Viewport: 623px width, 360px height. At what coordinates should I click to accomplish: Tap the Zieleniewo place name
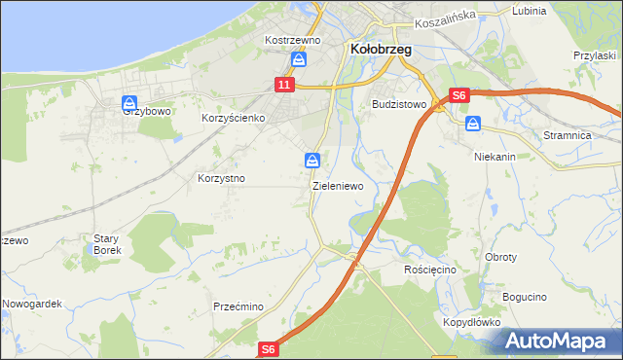coord(338,185)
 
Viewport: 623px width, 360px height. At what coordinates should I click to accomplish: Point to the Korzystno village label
coord(221,179)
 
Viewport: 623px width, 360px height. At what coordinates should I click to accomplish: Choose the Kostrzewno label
coord(293,40)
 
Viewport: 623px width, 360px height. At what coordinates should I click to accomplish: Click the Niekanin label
coord(494,156)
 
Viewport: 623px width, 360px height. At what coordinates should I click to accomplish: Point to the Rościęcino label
coord(429,268)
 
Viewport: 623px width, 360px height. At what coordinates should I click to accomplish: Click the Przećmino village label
coord(238,306)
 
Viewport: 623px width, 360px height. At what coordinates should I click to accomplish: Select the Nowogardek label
coord(31,304)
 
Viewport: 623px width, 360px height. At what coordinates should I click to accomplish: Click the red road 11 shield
coord(283,86)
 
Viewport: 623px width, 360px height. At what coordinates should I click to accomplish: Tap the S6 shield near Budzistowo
coord(460,95)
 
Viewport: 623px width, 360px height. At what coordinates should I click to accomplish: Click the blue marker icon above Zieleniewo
coord(311,160)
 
